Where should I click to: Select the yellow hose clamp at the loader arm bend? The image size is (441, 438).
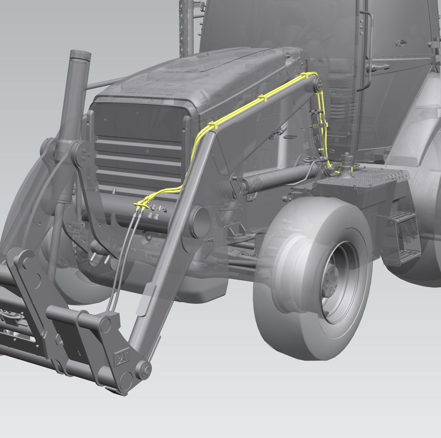click(x=213, y=126)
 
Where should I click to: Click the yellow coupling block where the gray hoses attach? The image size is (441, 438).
click(x=140, y=204)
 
